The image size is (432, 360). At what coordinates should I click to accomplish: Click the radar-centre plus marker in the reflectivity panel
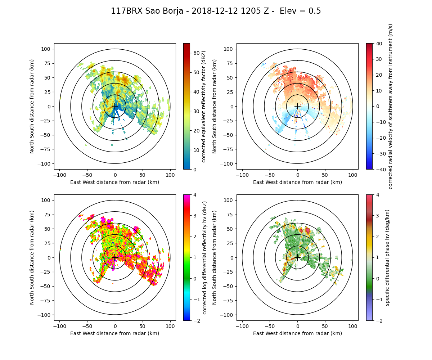click(x=115, y=106)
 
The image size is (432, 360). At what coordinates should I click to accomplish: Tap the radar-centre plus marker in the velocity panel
click(x=297, y=106)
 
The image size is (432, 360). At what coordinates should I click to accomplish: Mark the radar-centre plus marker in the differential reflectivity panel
click(x=115, y=257)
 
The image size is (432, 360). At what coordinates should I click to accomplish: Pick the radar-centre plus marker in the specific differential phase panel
click(x=297, y=257)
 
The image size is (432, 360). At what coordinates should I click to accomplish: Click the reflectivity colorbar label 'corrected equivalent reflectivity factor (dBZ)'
click(x=204, y=106)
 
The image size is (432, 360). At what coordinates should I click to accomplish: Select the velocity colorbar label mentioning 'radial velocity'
click(x=391, y=106)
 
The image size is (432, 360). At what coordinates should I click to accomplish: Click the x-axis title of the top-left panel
click(x=115, y=182)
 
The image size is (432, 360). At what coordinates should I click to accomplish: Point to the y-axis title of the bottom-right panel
click(x=215, y=257)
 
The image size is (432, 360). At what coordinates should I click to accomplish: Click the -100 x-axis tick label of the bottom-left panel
click(x=60, y=326)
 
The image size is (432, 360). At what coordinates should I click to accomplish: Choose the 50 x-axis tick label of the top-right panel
click(x=325, y=175)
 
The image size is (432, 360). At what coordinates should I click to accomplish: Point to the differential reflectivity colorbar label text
click(x=204, y=257)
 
